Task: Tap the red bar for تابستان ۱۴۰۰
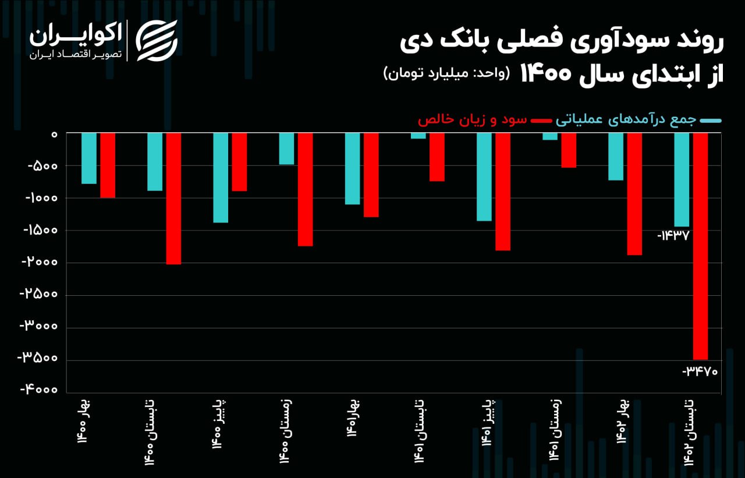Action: coord(173,199)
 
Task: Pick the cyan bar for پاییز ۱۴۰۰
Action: coord(221,178)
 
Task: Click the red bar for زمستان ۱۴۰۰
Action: coord(305,189)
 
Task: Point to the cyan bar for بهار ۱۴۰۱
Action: coord(352,168)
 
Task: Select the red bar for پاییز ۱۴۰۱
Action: coord(503,192)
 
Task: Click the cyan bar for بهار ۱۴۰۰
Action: coord(89,158)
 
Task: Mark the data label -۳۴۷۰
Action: coord(701,370)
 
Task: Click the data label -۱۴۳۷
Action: coord(673,236)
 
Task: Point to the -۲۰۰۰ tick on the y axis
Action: coord(40,262)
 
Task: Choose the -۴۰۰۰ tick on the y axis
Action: coord(40,390)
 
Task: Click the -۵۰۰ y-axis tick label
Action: coord(44,166)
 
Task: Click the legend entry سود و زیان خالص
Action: coord(472,120)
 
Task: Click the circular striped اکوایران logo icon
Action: coord(157,41)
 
